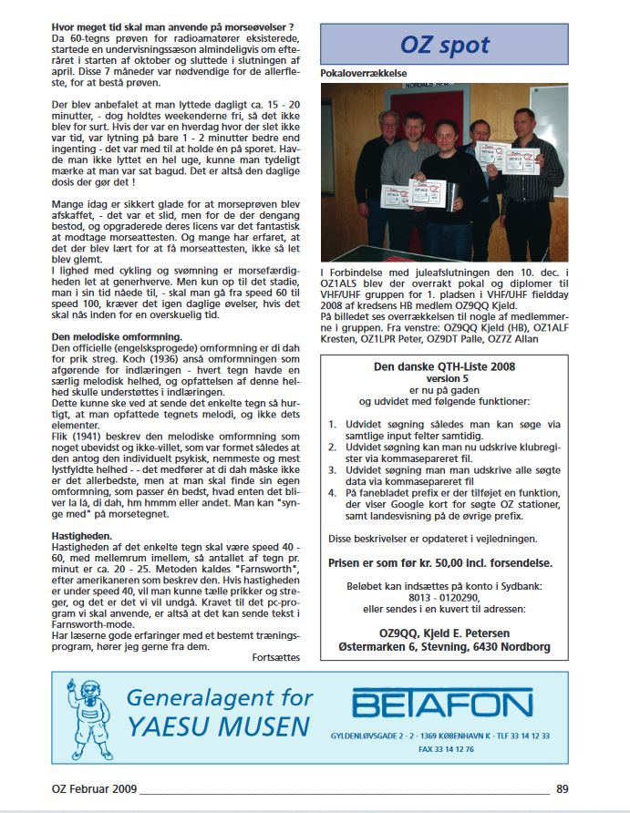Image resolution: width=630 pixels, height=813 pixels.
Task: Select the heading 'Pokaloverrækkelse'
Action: pos(364,72)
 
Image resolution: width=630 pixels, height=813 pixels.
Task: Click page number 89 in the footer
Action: pos(562,789)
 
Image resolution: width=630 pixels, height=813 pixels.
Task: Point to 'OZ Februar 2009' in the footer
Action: pos(88,789)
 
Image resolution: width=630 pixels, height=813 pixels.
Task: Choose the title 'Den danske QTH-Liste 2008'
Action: pos(444,366)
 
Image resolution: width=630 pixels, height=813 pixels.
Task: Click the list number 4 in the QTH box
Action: pos(333,493)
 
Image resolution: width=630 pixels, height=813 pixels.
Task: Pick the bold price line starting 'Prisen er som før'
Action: pos(444,563)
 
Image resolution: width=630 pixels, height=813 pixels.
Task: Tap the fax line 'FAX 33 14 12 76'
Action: pos(444,749)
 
